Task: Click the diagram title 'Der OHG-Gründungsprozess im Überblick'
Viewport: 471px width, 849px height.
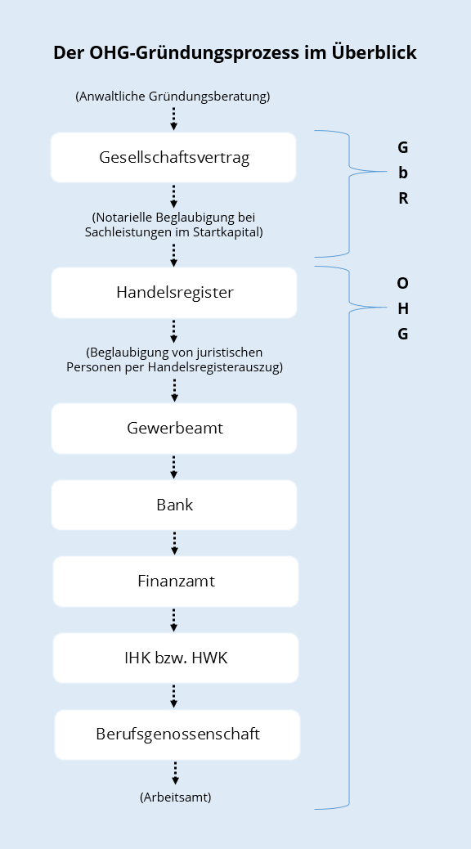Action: [x=235, y=52]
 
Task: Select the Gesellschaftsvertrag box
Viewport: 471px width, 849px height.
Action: [x=173, y=157]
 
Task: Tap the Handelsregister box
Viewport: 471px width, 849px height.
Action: [x=174, y=292]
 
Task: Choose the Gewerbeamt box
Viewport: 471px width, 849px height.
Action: [x=174, y=429]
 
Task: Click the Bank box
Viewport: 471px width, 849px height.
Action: [x=174, y=505]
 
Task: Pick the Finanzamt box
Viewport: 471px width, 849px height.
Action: [x=176, y=582]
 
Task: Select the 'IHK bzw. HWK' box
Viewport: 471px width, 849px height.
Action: [x=176, y=658]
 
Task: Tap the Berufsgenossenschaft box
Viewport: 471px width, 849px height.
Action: [x=177, y=734]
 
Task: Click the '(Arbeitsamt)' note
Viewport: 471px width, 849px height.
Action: [x=176, y=797]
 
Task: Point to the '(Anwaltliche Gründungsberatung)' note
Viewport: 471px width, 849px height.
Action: [x=173, y=97]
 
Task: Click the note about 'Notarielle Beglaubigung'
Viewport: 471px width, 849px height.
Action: [x=174, y=225]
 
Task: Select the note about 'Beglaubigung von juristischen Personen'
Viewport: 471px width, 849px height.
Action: [x=174, y=360]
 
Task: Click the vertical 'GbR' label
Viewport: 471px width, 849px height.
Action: [x=403, y=173]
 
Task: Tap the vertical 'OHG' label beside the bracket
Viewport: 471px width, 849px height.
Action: [x=403, y=308]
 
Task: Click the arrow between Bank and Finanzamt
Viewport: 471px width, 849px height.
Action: [x=174, y=543]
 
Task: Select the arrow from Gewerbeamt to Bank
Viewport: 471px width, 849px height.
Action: [x=174, y=467]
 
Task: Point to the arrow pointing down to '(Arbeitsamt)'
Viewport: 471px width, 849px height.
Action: [x=176, y=773]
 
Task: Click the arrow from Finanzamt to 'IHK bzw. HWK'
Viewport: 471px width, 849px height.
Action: [x=174, y=620]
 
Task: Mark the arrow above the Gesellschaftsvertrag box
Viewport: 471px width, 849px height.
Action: [x=174, y=119]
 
